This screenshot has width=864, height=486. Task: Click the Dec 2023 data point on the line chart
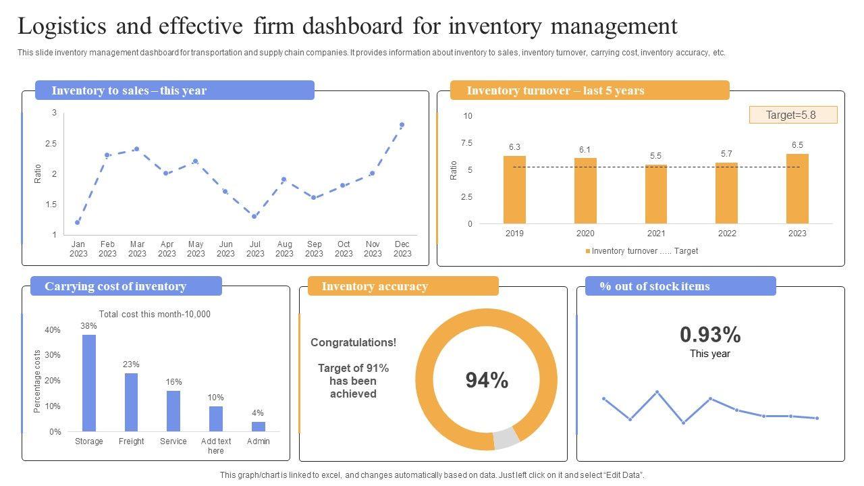point(402,125)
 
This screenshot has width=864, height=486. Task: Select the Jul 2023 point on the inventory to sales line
point(254,216)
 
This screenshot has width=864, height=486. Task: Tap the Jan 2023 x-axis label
point(78,249)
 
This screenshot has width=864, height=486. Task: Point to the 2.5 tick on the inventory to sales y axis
point(51,144)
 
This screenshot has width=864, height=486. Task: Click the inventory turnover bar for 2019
point(514,190)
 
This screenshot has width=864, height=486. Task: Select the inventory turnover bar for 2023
point(797,188)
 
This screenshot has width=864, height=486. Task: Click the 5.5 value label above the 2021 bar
point(655,156)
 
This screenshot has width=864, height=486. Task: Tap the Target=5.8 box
point(793,115)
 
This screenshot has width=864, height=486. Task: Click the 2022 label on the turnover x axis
point(727,234)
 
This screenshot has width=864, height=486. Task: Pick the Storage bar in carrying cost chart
point(89,383)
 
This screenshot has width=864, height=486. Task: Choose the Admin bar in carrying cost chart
point(259,427)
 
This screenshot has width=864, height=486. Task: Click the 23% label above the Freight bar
point(131,364)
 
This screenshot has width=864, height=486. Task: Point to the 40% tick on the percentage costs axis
point(53,330)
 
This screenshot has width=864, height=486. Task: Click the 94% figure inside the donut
point(487,381)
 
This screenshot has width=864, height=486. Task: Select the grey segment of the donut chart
point(506,438)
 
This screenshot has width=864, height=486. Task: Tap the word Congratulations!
point(353,342)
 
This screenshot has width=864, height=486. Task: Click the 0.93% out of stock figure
point(710,335)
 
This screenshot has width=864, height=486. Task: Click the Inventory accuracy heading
point(375,286)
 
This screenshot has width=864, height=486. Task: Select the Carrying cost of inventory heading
point(115,286)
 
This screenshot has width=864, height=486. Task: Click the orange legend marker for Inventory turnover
point(587,251)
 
